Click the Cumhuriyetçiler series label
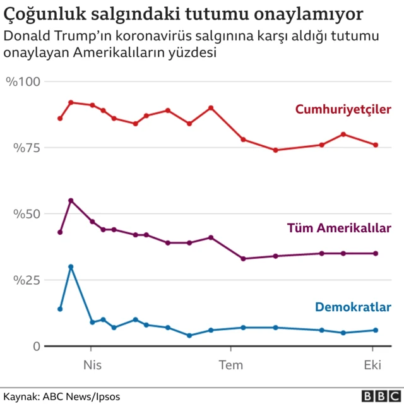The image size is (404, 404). tap(343, 109)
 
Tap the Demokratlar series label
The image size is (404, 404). tap(353, 307)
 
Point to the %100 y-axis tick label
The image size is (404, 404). tap(23, 81)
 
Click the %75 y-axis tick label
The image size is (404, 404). tap(26, 148)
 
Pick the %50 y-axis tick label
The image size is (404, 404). tap(26, 214)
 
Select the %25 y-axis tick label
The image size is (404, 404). tap(26, 280)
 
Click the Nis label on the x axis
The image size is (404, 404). tap(92, 364)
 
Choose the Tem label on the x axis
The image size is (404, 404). tap(230, 364)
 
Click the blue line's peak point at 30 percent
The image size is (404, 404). tap(71, 266)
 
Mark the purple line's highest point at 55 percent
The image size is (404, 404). tap(71, 201)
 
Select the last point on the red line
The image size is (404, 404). tap(376, 145)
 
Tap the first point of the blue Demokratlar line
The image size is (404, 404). tap(60, 309)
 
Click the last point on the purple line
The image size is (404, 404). tap(376, 253)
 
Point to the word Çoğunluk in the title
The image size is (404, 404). tap(39, 14)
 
